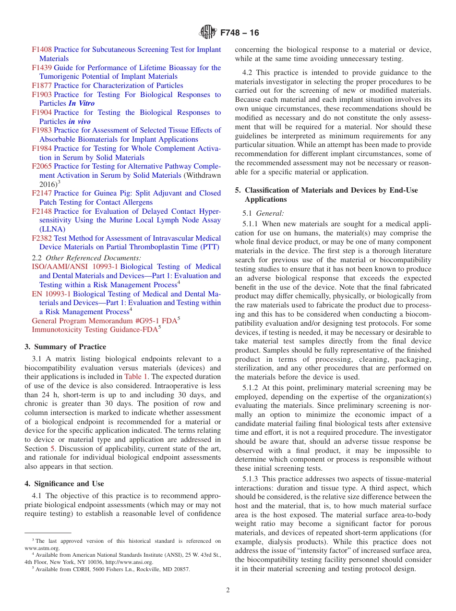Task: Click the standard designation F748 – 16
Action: click(240, 33)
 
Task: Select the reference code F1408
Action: click(42, 49)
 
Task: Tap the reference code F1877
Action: click(42, 86)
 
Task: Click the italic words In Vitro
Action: click(81, 103)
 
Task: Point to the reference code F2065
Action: click(42, 166)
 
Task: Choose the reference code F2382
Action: click(42, 238)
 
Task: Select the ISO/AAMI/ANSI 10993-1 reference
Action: click(75, 267)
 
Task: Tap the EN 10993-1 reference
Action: click(51, 293)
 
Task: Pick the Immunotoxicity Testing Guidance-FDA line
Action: click(95, 330)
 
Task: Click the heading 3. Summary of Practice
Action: click(65, 347)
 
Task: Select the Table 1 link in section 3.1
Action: click(136, 377)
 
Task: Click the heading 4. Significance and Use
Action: click(64, 484)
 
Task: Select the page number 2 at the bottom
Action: click(228, 590)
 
